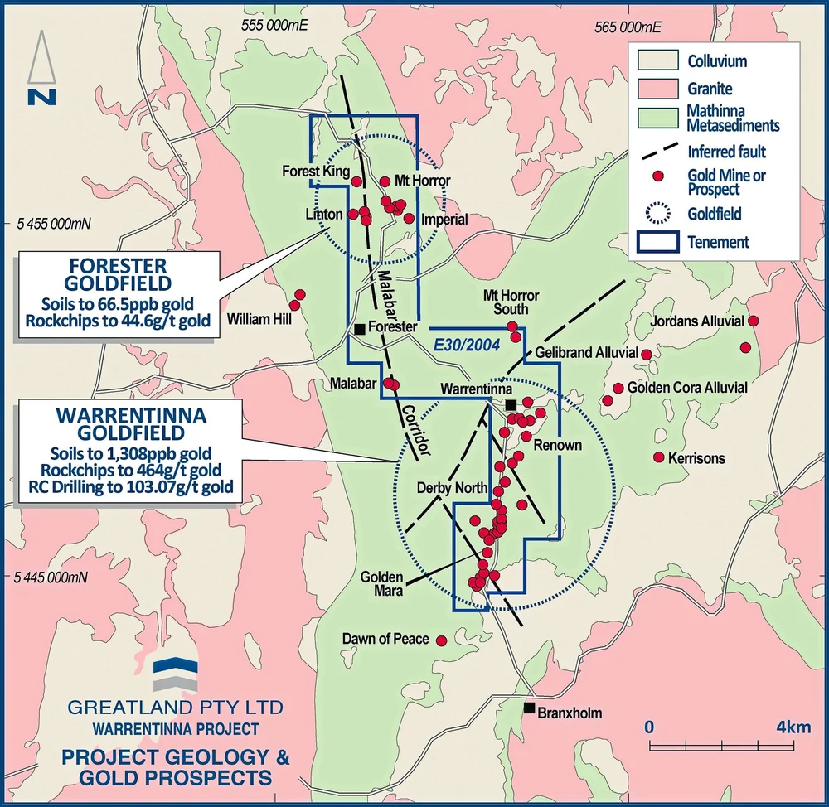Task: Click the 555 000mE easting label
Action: [274, 26]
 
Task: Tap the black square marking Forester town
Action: [359, 329]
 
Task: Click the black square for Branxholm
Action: [528, 708]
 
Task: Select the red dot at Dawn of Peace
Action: [441, 640]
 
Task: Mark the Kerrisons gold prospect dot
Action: [659, 457]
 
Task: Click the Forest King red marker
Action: [356, 181]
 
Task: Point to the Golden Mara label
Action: [381, 584]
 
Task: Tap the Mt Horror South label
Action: [511, 302]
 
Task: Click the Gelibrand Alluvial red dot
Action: [647, 354]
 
